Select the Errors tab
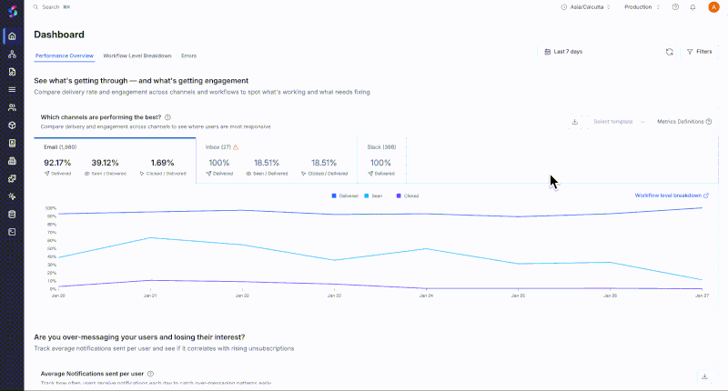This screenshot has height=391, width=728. [x=188, y=55]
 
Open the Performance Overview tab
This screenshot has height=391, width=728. [x=65, y=55]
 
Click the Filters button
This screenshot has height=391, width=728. [x=699, y=52]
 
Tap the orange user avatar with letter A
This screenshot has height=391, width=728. [x=713, y=7]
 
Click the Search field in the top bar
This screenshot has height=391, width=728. [x=56, y=6]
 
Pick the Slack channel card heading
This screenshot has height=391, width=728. [x=380, y=146]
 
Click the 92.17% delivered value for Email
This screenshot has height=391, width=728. [x=58, y=162]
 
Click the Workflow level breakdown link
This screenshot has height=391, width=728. [x=672, y=195]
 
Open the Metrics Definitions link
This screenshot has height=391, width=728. [x=679, y=121]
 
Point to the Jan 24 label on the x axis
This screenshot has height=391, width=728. [x=425, y=296]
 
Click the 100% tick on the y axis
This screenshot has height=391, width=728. [x=51, y=208]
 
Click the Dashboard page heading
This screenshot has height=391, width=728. [x=59, y=35]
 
